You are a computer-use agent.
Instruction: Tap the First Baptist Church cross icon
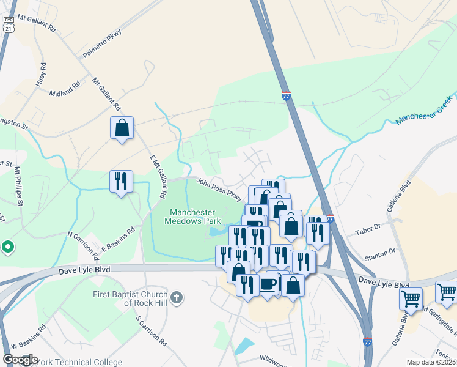[177, 298]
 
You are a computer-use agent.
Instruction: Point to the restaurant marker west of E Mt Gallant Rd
[120, 182]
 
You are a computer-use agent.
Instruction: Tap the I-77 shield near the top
[287, 96]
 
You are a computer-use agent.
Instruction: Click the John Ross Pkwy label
[219, 188]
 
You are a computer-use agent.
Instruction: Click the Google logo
[20, 360]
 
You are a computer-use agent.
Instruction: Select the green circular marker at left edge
[7, 247]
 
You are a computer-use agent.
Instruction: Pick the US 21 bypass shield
[7, 26]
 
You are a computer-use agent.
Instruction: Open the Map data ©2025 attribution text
[431, 362]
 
